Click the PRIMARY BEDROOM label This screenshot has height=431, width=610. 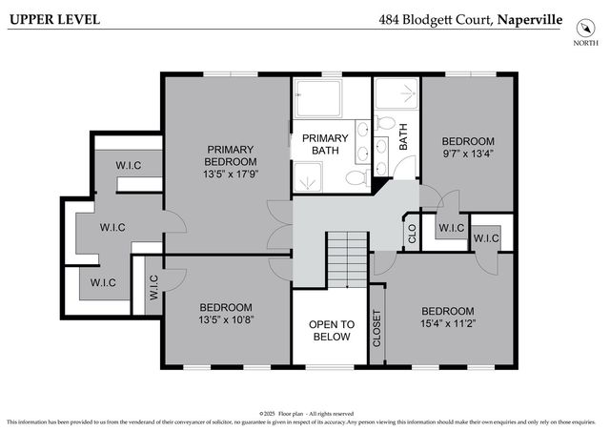(x=229, y=155)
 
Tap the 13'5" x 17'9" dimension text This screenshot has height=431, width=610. (x=229, y=174)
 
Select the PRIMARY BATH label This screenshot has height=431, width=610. (x=325, y=144)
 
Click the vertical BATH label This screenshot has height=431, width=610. (x=403, y=141)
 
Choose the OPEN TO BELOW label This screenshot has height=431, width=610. (x=331, y=330)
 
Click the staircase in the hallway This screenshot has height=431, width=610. (x=347, y=257)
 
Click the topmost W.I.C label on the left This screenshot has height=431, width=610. (x=129, y=166)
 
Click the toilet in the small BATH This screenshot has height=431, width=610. (x=385, y=123)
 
